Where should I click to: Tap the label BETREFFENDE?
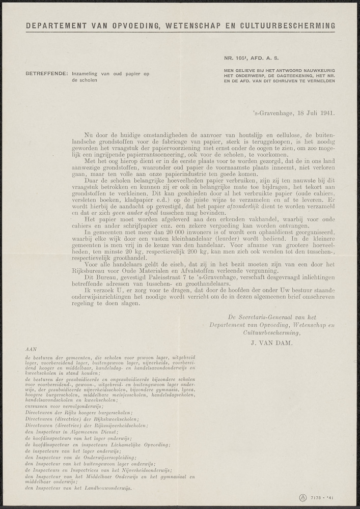tap(46, 74)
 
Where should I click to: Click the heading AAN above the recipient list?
tap(30, 350)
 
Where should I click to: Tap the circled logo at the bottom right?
tap(302, 497)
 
